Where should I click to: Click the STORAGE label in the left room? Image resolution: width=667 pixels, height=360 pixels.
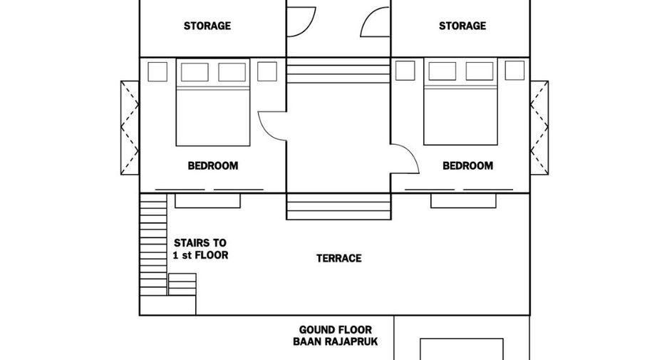click(x=207, y=26)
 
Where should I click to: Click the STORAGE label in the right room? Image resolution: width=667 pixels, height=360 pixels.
click(x=462, y=26)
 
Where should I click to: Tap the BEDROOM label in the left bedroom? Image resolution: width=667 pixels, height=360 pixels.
click(x=212, y=165)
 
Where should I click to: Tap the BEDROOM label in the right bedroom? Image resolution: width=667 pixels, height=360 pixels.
click(x=468, y=165)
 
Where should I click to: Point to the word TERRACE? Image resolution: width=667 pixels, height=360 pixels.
click(x=339, y=258)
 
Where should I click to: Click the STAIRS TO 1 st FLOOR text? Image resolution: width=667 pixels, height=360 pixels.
click(x=200, y=249)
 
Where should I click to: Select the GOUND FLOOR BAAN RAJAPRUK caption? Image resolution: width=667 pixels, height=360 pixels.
click(x=335, y=336)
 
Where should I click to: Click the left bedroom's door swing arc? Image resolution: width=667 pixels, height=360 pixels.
click(x=264, y=130)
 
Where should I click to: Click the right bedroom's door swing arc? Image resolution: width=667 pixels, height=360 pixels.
click(x=412, y=153)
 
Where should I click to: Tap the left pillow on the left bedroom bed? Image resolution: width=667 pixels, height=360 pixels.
click(x=195, y=72)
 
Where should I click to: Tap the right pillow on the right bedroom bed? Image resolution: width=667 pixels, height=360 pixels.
click(x=480, y=71)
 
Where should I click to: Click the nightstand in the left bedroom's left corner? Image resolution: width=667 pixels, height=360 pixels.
click(x=157, y=71)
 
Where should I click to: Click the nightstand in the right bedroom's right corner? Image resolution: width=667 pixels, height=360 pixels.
click(x=515, y=70)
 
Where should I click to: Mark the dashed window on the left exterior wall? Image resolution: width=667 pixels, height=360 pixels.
click(x=130, y=128)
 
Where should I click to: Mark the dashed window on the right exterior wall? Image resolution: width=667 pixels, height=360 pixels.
click(x=539, y=128)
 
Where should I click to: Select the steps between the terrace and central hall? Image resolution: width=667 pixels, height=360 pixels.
click(x=338, y=207)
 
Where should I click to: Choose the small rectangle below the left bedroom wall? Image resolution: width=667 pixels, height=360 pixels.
click(x=207, y=201)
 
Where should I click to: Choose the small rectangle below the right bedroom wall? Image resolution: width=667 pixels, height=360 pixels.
click(x=463, y=201)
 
